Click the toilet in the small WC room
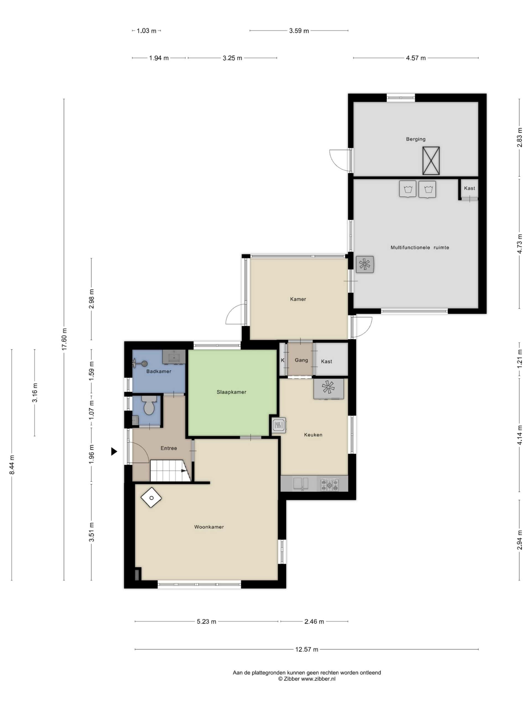coord(149,405)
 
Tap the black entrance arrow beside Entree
coord(114,451)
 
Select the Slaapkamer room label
coord(231,392)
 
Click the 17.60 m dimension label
coord(64,339)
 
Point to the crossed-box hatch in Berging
coord(431,161)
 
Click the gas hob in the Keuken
coord(330,484)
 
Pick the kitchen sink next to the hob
coord(301,484)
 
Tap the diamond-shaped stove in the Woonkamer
coord(151,498)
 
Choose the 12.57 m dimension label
coord(307,649)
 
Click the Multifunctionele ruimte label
coord(420,247)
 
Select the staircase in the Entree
coord(171,471)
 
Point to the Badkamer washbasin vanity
coord(174,357)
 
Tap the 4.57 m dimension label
coord(416,58)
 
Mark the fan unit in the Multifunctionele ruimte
coord(365,264)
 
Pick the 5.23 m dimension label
coord(206,621)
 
